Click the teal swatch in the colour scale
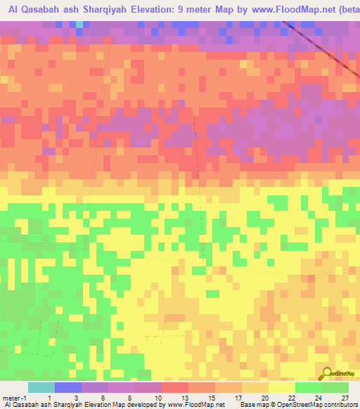(x=41, y=387)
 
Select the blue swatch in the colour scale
(x=67, y=387)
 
